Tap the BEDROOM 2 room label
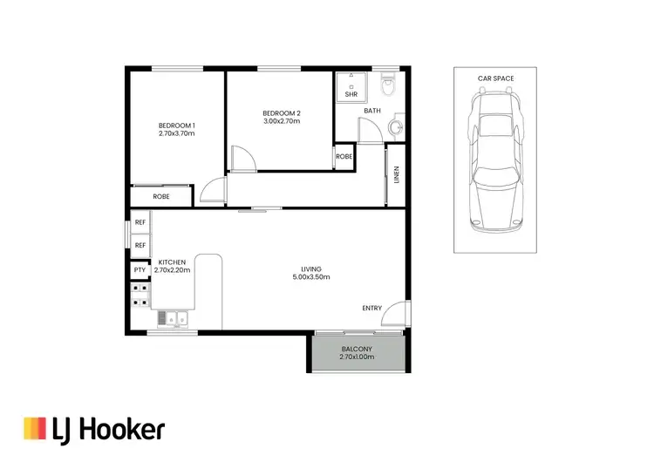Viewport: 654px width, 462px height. pyautogui.click(x=281, y=113)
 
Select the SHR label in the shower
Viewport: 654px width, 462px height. pyautogui.click(x=351, y=94)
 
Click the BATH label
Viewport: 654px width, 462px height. pyautogui.click(x=372, y=111)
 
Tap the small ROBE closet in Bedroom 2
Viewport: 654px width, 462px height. pyautogui.click(x=344, y=157)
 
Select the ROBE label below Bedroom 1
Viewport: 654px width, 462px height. pyautogui.click(x=161, y=197)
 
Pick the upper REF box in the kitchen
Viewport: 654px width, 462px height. pyautogui.click(x=140, y=224)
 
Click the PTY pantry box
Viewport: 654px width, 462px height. pyautogui.click(x=140, y=270)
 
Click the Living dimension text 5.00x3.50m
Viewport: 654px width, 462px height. pyautogui.click(x=310, y=277)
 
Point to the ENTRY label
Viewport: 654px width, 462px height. pyautogui.click(x=372, y=309)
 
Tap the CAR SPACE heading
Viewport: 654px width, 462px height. pyautogui.click(x=495, y=78)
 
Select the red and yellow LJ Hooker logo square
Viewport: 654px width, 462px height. pyautogui.click(x=34, y=428)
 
